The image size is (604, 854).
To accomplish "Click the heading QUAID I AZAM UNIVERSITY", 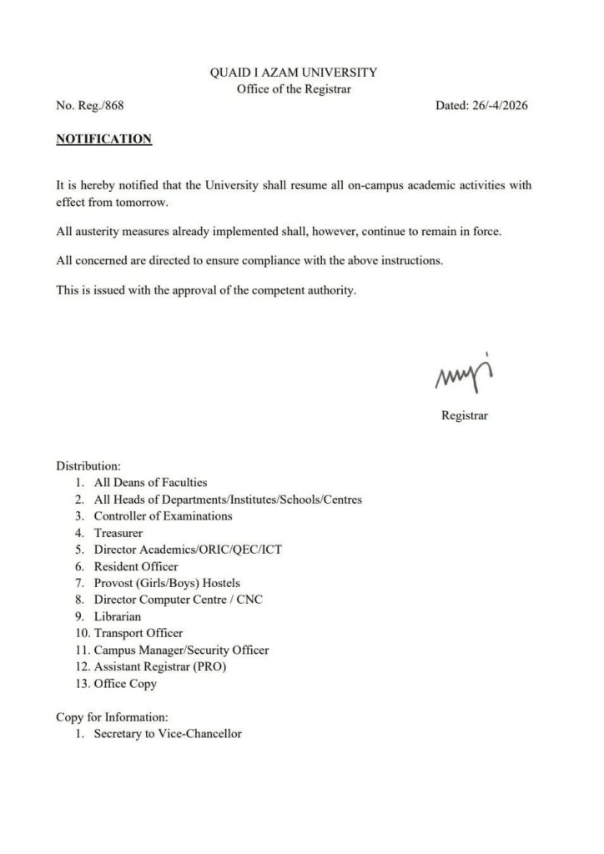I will (294, 73).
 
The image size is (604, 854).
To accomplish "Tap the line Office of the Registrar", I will (294, 90).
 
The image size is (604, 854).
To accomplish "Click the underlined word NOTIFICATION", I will (103, 139).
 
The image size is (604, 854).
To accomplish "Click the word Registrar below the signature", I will (465, 415).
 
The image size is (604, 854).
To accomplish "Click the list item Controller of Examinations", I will (163, 515).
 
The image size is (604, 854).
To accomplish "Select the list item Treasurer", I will (118, 532).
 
